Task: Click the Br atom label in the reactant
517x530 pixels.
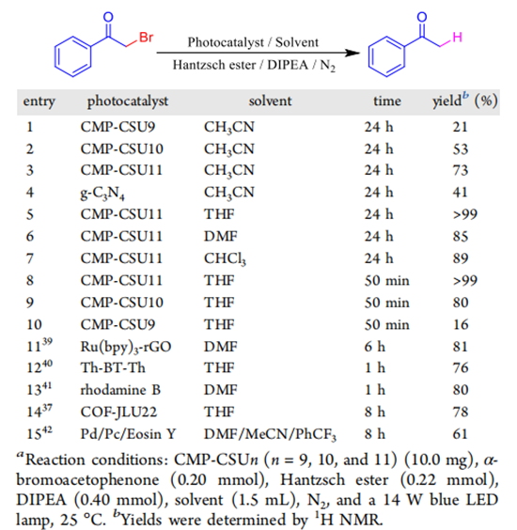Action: pos(147,37)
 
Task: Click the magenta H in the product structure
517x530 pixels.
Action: pos(457,37)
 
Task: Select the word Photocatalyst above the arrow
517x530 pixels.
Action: pos(226,42)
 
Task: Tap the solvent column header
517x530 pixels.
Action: pos(270,101)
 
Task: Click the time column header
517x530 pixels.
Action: pos(387,101)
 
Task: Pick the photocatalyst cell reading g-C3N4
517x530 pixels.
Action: pos(102,193)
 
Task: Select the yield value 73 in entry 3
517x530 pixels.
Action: pos(461,170)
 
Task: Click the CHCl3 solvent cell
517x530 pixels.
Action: pos(225,259)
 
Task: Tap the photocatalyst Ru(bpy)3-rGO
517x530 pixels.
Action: pos(125,347)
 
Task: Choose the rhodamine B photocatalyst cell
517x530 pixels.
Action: pos(120,390)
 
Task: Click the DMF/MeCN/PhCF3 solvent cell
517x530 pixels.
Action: pos(270,434)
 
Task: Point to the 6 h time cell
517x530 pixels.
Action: pos(375,347)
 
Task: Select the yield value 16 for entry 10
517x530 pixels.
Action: pos(461,324)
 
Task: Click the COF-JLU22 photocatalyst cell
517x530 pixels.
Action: pos(118,412)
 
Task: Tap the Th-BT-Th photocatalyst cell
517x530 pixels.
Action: pos(113,367)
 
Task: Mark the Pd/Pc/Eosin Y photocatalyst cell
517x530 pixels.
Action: pos(128,434)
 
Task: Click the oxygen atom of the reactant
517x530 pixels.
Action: pos(108,17)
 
